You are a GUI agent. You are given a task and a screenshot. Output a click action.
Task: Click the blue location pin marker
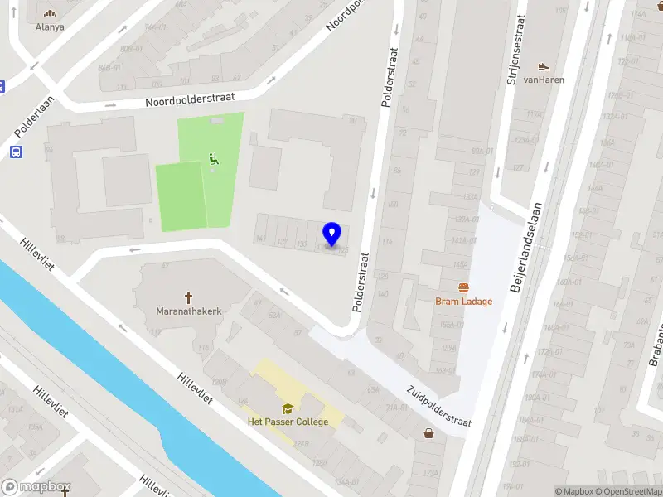tap(332, 234)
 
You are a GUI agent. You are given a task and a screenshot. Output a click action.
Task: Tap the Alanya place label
tap(50, 27)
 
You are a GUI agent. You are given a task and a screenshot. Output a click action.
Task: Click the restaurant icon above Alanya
tap(51, 12)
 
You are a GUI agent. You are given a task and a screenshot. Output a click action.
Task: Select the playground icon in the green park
tap(214, 159)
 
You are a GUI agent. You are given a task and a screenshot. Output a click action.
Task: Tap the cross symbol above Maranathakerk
tap(188, 297)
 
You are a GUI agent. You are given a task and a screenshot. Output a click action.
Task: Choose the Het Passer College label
tap(288, 422)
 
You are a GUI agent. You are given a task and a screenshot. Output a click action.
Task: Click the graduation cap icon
tap(288, 408)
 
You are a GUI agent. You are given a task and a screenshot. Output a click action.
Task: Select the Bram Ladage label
tap(463, 302)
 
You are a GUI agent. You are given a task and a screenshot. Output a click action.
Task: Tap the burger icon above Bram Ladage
tap(463, 287)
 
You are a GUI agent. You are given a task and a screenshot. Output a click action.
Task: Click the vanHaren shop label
tap(544, 80)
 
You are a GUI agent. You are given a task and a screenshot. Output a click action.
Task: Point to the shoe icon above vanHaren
tap(544, 66)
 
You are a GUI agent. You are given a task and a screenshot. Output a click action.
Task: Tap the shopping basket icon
tap(428, 432)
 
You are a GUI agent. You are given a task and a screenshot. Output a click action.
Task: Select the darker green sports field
tap(181, 196)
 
